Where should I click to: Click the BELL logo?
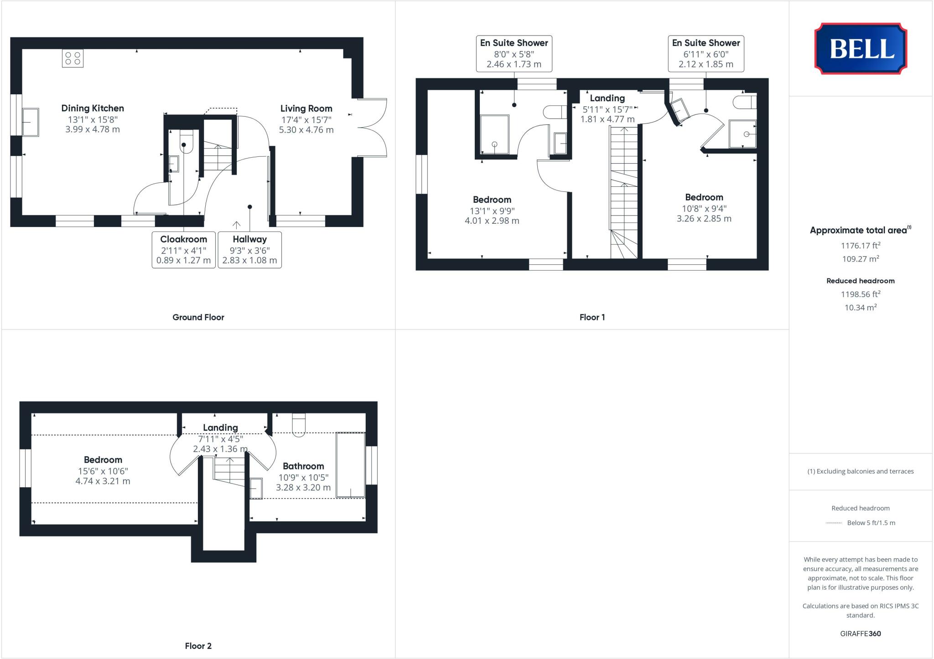click(861, 49)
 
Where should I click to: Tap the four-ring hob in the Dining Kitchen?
click(73, 58)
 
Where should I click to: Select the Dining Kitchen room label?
click(93, 108)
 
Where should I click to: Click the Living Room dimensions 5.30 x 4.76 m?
click(306, 130)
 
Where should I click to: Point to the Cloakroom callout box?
click(183, 250)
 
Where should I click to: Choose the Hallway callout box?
click(249, 250)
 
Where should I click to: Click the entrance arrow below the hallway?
click(236, 225)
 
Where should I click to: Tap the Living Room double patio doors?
click(372, 128)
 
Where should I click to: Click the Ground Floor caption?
click(198, 317)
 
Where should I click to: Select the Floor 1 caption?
click(592, 317)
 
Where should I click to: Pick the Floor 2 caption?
click(198, 646)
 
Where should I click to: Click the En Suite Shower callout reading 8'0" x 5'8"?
click(514, 54)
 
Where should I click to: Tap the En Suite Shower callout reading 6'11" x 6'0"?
click(706, 54)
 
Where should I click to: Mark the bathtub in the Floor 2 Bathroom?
click(350, 465)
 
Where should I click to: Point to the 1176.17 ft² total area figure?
click(860, 246)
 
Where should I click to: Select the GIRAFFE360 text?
click(860, 633)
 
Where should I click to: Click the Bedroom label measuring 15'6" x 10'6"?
click(103, 460)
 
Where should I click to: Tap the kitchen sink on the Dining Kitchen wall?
click(31, 122)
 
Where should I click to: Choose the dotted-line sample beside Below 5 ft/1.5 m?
click(834, 523)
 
